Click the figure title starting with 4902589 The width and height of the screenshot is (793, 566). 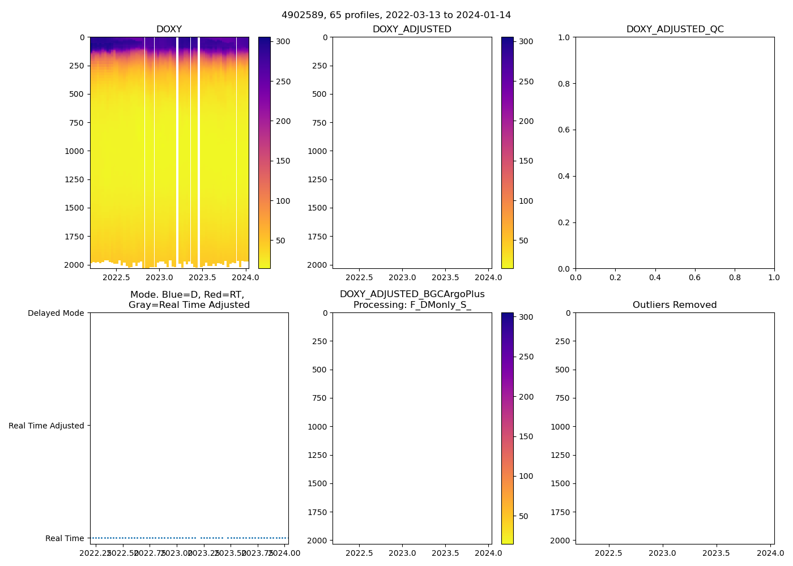point(396,15)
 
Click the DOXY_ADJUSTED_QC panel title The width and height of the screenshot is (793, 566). point(675,29)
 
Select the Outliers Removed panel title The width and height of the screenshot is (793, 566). point(675,305)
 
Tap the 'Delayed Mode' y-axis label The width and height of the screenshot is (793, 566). point(56,313)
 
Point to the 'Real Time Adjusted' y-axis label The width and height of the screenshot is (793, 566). point(46,426)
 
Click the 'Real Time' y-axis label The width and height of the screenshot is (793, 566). point(65,538)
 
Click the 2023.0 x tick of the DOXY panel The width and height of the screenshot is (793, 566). point(160,277)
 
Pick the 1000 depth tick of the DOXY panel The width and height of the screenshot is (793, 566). point(74,151)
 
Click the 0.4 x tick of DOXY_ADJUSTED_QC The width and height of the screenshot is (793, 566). point(655,277)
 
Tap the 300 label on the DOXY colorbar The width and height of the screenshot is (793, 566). point(283,42)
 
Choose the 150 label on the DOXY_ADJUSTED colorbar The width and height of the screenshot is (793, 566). point(526,161)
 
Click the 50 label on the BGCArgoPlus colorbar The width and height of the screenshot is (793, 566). point(523,516)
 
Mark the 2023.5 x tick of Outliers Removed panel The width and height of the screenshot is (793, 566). point(716,553)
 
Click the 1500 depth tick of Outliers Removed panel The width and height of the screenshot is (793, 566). point(560,483)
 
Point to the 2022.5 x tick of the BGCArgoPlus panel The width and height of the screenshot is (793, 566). point(359,553)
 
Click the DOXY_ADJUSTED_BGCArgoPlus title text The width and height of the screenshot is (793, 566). point(412,294)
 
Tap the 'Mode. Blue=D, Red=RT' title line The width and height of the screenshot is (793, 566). point(187,295)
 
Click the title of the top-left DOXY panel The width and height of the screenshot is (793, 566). point(169,29)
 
